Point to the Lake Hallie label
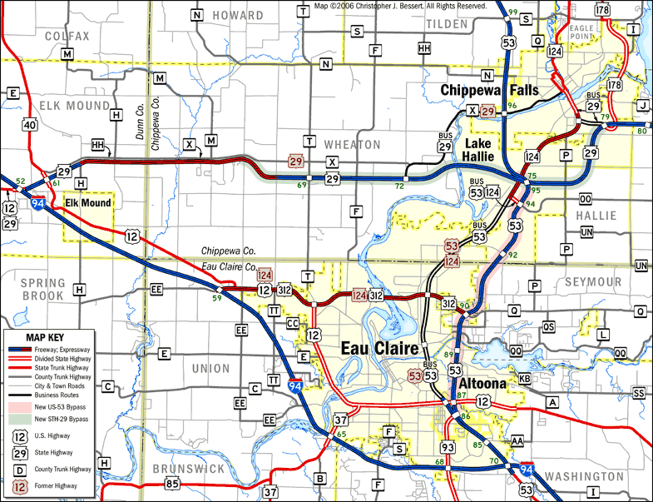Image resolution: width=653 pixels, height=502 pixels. pos(478,151)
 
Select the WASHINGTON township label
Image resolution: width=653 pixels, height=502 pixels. pos(587,476)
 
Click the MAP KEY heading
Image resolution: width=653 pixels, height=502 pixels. pos(48,336)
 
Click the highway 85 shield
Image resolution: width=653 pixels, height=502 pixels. pos(172,483)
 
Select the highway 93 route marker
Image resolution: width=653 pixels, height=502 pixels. pos(448,448)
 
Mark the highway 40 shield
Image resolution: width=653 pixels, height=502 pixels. pos(30,125)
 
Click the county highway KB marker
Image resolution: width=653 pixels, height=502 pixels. pos(525,379)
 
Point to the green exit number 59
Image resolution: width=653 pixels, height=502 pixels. pos(216,297)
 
